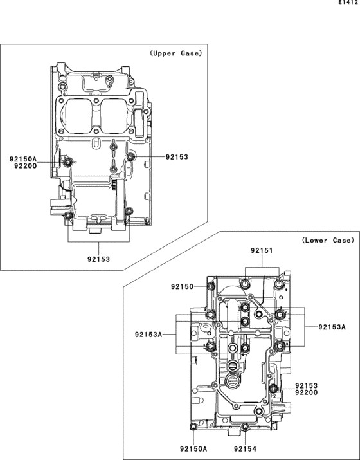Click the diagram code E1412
click(x=348, y=2)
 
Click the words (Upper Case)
click(x=176, y=53)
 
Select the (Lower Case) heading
click(x=328, y=240)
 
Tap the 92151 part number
click(x=262, y=250)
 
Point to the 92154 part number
click(x=245, y=449)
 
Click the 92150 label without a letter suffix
click(x=183, y=287)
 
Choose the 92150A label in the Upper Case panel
click(x=23, y=160)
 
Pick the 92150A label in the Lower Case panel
click(x=194, y=449)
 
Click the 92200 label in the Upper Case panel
click(x=26, y=166)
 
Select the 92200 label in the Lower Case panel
click(x=307, y=392)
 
